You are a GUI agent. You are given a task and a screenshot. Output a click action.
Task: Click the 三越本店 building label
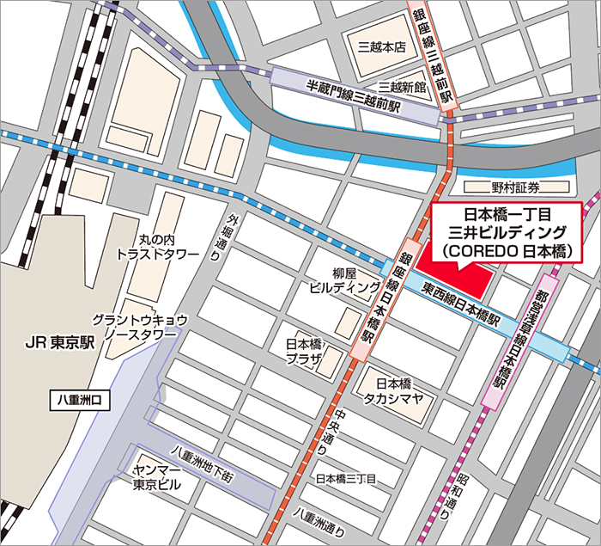(x=381, y=47)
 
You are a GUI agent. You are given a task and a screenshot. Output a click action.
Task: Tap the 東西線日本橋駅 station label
(x=458, y=305)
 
